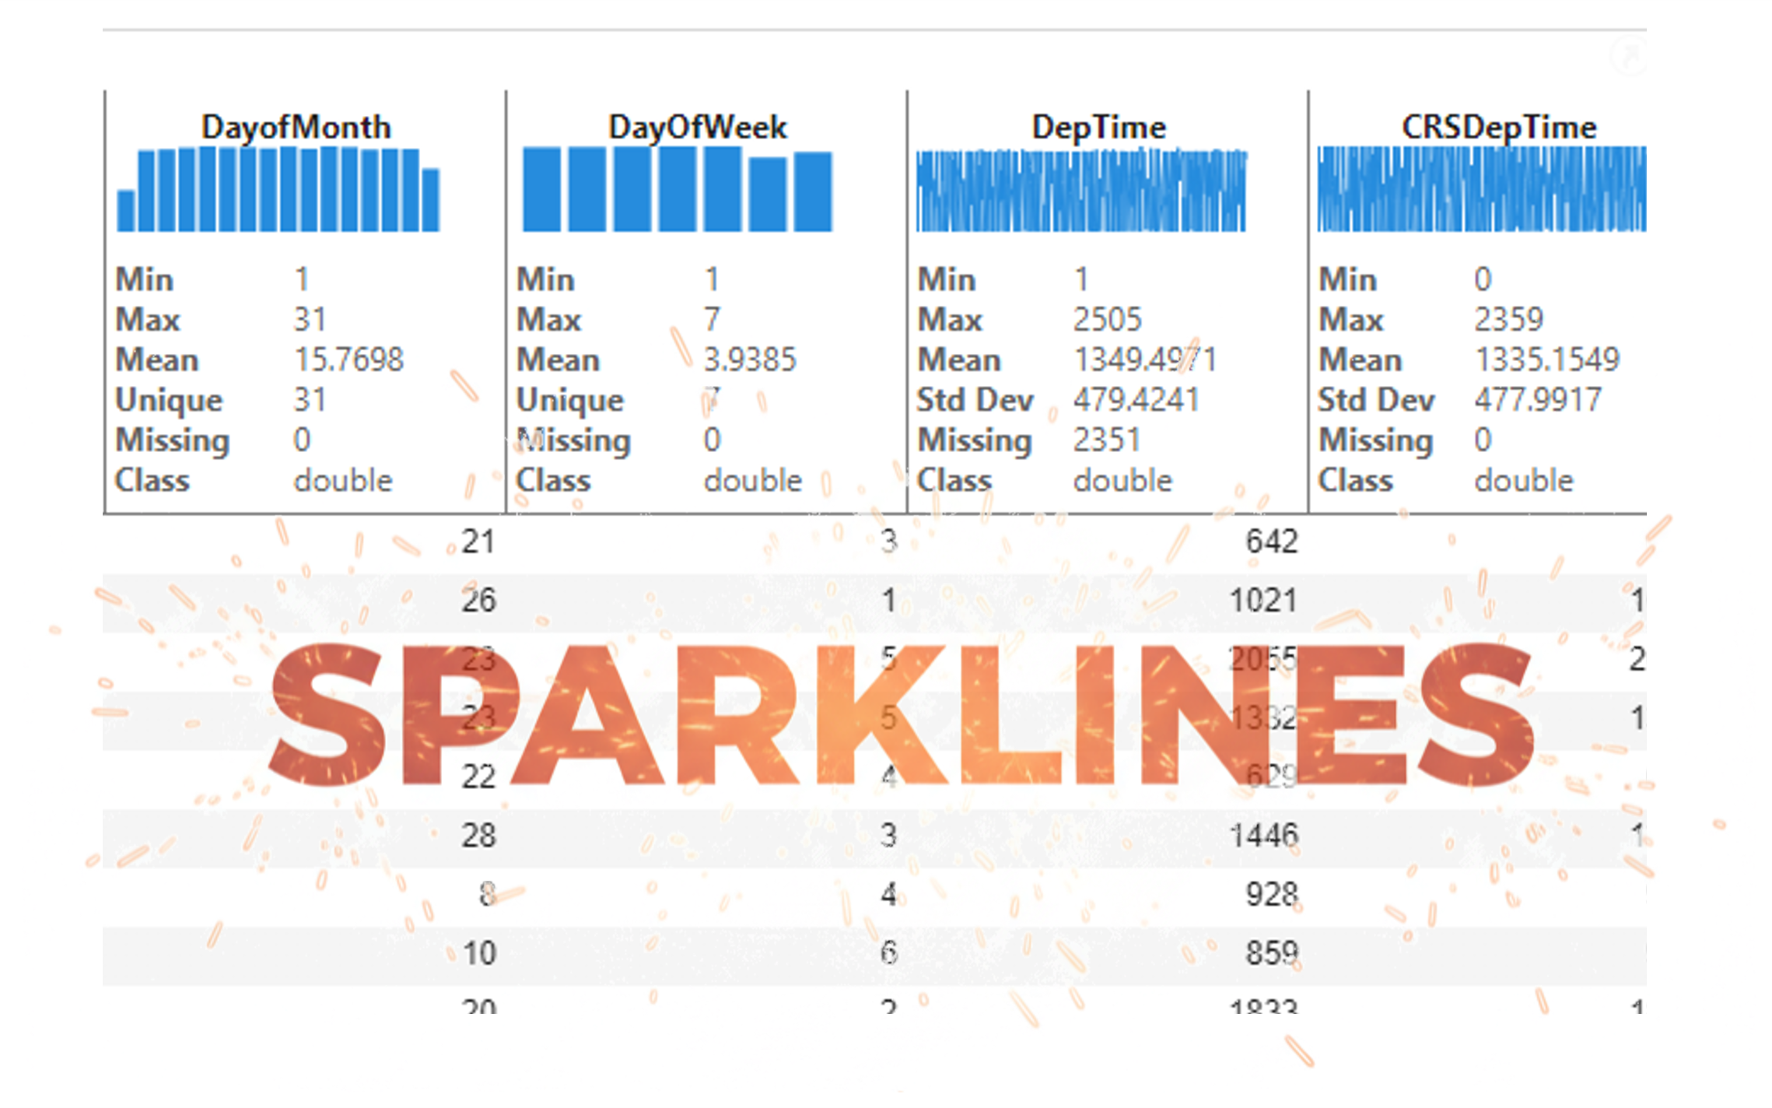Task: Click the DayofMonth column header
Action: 296,127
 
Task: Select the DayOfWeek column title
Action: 697,127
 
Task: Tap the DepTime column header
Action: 1098,127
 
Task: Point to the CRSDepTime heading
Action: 1498,127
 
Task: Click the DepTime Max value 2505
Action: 1107,319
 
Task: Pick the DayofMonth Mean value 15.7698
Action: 348,359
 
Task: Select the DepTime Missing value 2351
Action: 1106,440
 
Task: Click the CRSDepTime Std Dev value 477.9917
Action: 1537,400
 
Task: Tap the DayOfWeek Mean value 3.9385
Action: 750,359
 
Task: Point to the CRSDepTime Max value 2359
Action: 1508,319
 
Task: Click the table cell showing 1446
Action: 1263,836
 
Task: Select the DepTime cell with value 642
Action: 1271,542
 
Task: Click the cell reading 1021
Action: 1263,601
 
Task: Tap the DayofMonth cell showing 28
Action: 478,836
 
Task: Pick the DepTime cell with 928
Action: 1271,895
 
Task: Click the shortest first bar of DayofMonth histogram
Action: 125,210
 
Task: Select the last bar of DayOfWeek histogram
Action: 813,191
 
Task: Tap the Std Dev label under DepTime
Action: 975,400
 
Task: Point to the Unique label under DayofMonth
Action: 169,400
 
